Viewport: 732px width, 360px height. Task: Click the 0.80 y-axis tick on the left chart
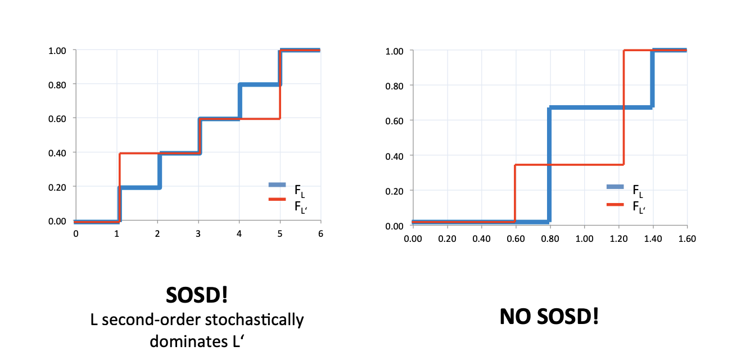tap(57, 84)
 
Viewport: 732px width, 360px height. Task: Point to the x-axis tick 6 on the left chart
tap(320, 233)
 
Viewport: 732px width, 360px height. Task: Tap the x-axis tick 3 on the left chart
tap(198, 233)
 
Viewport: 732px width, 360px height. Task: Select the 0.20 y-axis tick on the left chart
tap(57, 187)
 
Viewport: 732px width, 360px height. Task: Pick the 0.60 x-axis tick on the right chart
tap(516, 238)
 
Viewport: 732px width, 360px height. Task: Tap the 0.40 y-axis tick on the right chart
tap(395, 155)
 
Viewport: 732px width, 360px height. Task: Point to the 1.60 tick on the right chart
tap(687, 238)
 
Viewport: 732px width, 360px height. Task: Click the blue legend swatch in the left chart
tap(278, 184)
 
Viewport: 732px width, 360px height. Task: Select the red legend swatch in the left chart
tap(278, 199)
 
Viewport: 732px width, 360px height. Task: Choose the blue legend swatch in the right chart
tap(617, 187)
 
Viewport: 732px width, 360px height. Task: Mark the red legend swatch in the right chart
tap(617, 204)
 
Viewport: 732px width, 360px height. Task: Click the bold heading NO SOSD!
tap(549, 317)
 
